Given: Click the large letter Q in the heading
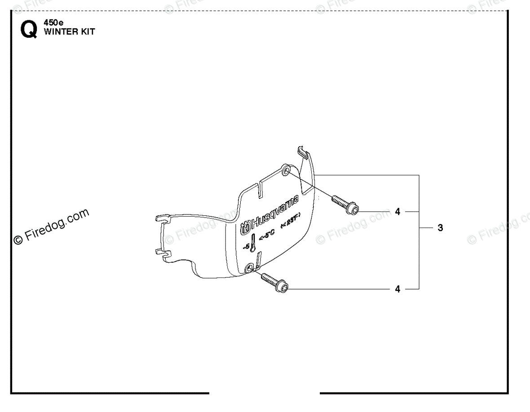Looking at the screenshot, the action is pos(29,30).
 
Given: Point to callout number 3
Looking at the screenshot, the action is pos(440,228).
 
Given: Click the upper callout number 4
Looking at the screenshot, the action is pos(397,212).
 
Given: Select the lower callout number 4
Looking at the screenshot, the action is pos(397,289).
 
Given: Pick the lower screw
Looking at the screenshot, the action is pos(274,282).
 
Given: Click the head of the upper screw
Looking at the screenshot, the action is pos(352,208).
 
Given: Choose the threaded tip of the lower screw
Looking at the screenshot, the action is pos(264,276).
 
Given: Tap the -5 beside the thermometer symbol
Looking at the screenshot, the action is pos(246,246).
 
